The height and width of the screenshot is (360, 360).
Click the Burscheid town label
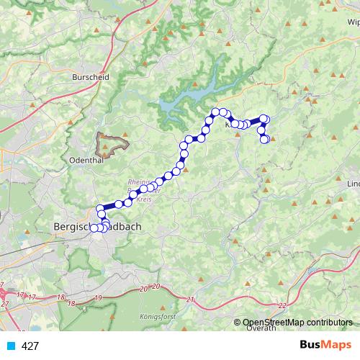(91, 76)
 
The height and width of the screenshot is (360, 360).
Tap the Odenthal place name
(85, 160)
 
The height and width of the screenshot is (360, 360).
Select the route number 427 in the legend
(30, 346)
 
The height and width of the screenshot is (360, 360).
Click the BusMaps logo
(326, 346)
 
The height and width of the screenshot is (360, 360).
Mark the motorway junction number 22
(281, 305)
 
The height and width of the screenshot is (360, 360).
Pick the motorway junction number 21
(190, 299)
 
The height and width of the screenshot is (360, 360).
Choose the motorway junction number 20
(145, 289)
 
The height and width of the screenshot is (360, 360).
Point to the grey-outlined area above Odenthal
(114, 140)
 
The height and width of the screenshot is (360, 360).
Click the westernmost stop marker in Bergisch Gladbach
(93, 228)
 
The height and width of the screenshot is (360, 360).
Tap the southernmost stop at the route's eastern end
(264, 139)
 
